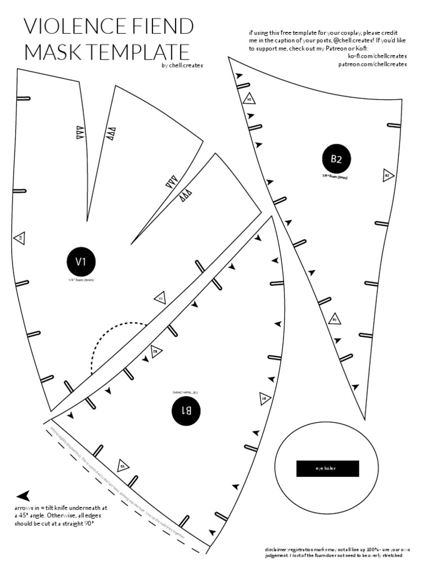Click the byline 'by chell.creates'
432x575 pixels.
182,65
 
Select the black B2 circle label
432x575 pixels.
336,159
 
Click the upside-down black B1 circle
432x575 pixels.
186,410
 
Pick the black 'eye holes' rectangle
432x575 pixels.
327,468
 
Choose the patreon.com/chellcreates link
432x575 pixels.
372,64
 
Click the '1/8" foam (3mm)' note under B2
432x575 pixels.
336,176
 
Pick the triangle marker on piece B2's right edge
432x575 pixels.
388,175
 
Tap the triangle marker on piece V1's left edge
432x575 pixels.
19,238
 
